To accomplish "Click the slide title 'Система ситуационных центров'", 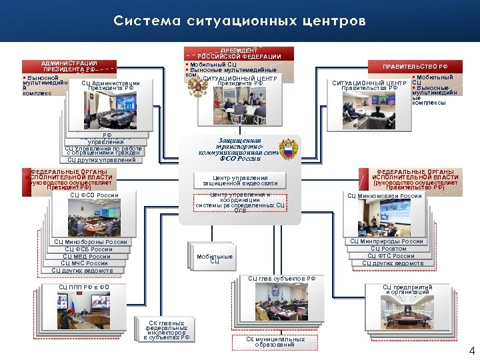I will click(239, 21).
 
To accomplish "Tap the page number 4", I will click(472, 351).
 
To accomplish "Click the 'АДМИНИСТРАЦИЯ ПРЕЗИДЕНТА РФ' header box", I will click(69, 66).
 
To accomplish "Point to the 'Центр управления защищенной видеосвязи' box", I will click(240, 180).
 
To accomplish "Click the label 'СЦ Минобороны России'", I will click(91, 241).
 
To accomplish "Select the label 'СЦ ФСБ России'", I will click(89, 249).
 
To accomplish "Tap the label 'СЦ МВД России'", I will click(87, 257).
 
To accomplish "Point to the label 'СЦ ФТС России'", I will click(391, 256).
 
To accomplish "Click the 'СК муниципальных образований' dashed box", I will click(275, 342).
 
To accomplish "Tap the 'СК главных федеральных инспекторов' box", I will click(167, 330).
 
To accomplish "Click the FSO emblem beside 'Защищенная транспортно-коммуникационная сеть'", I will click(289, 149).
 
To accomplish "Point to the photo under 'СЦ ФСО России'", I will click(92, 217).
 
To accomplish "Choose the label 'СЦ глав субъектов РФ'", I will click(282, 279).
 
